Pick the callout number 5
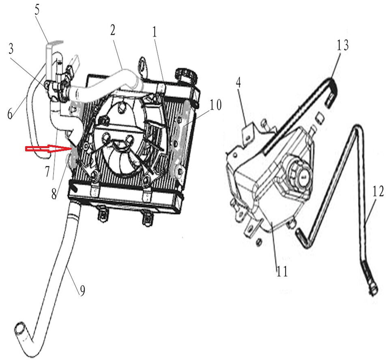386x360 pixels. [37, 10]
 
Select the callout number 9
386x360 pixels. [82, 291]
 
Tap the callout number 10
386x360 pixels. [215, 105]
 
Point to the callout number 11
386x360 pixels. [282, 271]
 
